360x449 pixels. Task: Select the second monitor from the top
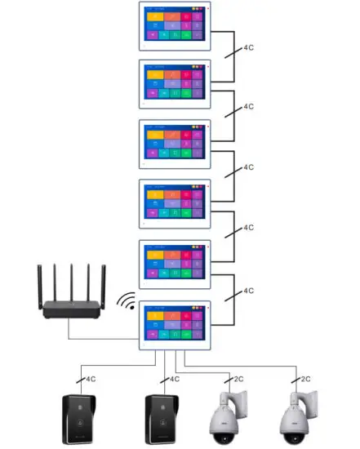175,85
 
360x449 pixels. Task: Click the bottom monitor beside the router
175,327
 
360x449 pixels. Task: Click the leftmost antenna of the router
40,278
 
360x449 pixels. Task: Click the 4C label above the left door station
91,380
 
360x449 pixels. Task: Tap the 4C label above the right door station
172,380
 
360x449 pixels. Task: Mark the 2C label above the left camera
238,380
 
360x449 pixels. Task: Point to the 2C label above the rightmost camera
304,380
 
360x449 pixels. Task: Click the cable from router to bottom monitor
98,338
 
